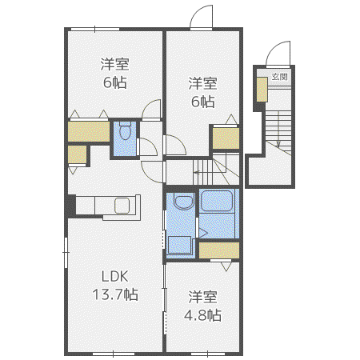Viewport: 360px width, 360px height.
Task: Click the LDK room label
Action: coord(115,277)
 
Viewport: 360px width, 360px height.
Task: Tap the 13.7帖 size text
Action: coord(115,294)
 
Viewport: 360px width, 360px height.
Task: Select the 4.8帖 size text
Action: coord(202,315)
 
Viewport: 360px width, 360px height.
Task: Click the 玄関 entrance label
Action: coord(280,77)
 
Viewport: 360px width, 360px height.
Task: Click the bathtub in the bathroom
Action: coord(216,200)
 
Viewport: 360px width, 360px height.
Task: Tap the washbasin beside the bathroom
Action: coord(184,202)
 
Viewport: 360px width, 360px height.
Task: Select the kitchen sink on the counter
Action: coord(122,206)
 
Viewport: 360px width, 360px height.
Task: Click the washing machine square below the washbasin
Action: coord(179,245)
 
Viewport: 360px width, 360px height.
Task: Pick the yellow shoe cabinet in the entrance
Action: coord(262,90)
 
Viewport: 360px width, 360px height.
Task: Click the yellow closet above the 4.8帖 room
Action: coord(219,250)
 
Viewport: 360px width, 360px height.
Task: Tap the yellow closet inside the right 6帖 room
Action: coord(226,138)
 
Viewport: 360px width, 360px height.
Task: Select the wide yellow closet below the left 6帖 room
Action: coord(89,131)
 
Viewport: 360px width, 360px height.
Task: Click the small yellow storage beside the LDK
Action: coord(77,154)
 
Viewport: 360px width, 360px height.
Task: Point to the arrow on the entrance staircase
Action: coord(278,130)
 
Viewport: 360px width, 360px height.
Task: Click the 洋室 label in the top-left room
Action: coord(115,64)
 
